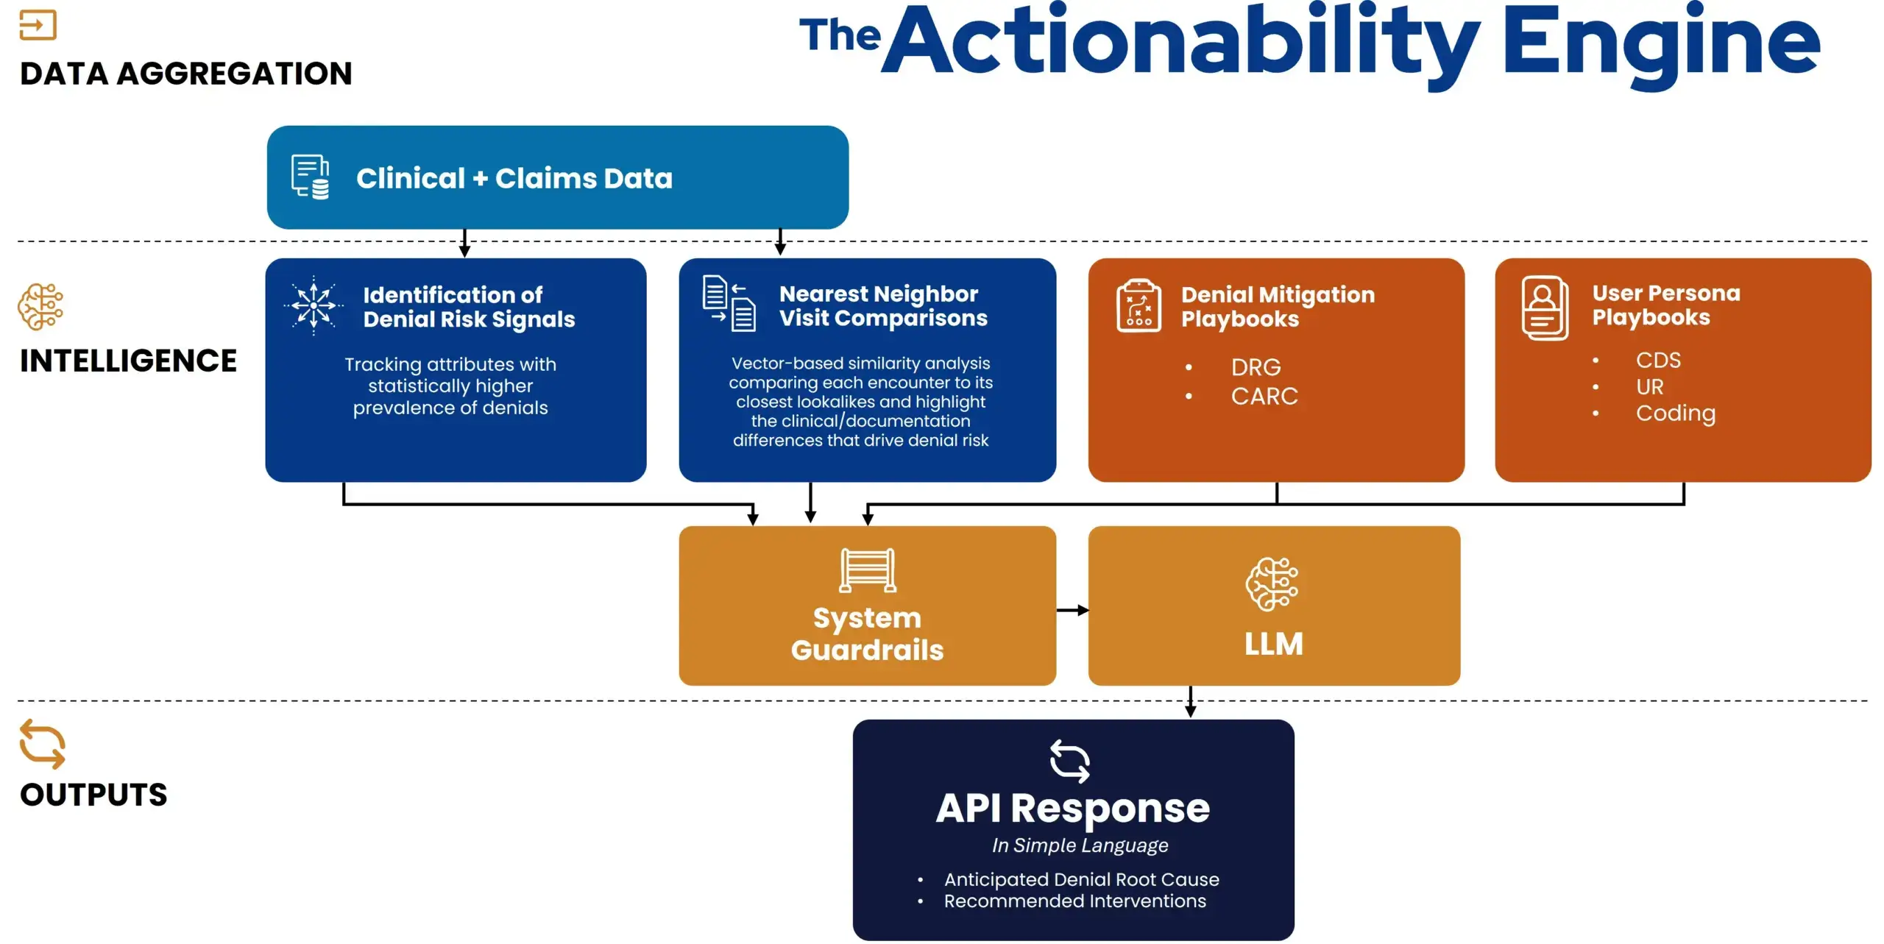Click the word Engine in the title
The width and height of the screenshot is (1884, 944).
point(1660,44)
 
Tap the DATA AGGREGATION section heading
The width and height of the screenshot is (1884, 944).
point(186,74)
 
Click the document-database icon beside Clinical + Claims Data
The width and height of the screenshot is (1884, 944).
point(310,177)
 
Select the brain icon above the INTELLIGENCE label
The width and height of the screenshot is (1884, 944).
point(40,306)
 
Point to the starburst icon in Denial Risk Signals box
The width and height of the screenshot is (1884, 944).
point(314,305)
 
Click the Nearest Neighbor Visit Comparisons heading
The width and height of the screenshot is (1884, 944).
point(882,306)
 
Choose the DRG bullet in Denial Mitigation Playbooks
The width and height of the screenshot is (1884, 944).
point(1256,367)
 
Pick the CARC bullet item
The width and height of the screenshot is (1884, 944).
point(1264,397)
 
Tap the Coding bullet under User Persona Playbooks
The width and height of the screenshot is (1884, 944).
point(1675,413)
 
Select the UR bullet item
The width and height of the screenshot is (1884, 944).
point(1649,386)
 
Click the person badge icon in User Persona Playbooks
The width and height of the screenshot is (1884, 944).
point(1545,308)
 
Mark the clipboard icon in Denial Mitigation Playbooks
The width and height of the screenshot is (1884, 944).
point(1138,306)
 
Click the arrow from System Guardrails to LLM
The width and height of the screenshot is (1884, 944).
point(1072,610)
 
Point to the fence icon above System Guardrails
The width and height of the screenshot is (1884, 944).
point(868,569)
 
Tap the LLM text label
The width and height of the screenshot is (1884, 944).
point(1273,644)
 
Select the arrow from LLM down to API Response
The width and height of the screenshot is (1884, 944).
point(1190,702)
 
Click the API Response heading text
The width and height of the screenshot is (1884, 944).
point(1072,808)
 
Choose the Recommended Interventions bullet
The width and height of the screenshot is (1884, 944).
point(1074,901)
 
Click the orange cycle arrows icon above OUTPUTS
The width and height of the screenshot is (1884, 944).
point(42,744)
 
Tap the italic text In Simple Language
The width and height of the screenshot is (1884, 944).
point(1080,845)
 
